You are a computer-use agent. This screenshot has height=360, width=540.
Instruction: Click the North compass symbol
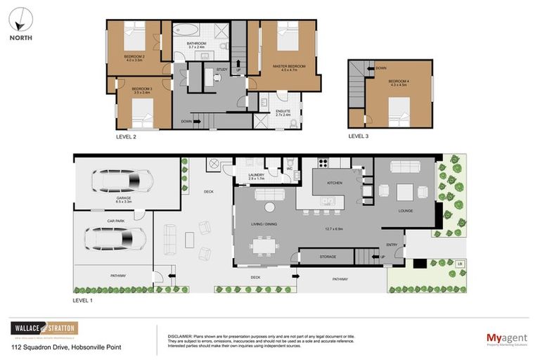20,17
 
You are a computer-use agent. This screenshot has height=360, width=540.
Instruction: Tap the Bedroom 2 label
134,58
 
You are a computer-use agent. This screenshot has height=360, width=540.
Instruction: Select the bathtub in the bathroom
186,30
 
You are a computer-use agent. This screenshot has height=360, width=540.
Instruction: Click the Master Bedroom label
287,67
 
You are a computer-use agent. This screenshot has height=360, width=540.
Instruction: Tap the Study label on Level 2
221,70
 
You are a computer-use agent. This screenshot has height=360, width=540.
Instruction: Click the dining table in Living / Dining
266,246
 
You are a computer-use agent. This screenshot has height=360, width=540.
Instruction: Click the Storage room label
328,257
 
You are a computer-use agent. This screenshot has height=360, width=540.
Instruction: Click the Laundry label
257,177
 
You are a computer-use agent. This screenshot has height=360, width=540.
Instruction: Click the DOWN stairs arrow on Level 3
380,68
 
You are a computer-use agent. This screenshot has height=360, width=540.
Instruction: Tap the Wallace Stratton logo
44,328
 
